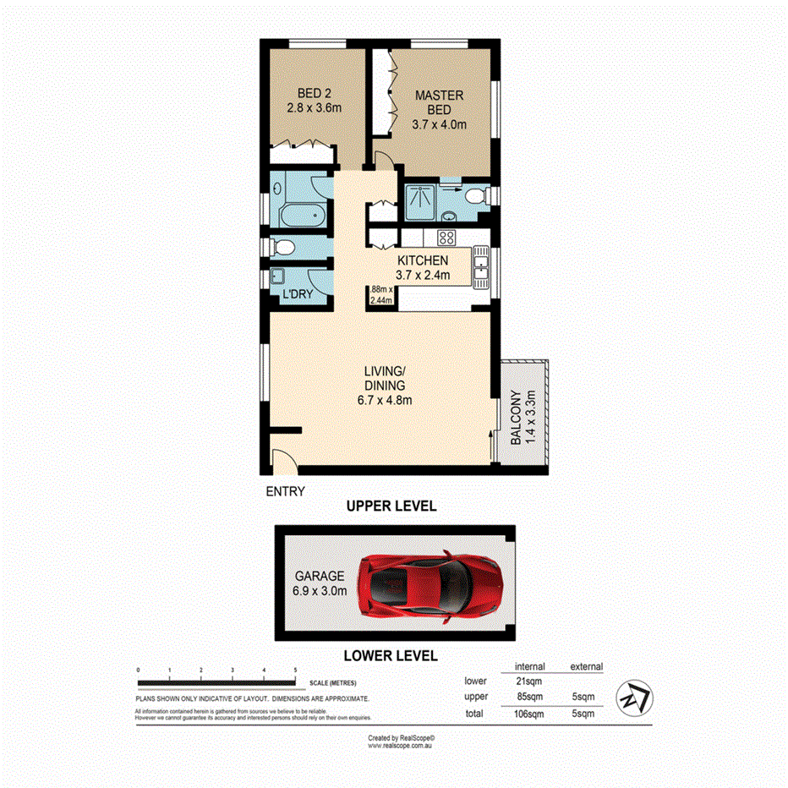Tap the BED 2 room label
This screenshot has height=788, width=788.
pyautogui.click(x=311, y=101)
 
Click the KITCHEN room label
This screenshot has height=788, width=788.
pyautogui.click(x=423, y=267)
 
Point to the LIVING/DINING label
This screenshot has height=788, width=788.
pyautogui.click(x=385, y=386)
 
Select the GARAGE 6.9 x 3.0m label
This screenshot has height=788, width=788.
pyautogui.click(x=319, y=583)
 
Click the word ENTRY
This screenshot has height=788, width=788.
pyautogui.click(x=285, y=490)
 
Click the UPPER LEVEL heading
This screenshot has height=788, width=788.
pyautogui.click(x=391, y=506)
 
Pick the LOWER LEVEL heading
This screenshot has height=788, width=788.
pyautogui.click(x=391, y=655)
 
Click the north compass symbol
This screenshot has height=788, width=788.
pyautogui.click(x=634, y=695)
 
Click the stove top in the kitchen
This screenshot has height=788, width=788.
pyautogui.click(x=447, y=238)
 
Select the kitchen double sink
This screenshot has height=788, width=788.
pyautogui.click(x=480, y=265)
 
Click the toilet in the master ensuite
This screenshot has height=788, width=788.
pyautogui.click(x=476, y=197)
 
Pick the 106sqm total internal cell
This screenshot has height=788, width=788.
pyautogui.click(x=530, y=714)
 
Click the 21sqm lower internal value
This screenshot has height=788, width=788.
pyautogui.click(x=530, y=681)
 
